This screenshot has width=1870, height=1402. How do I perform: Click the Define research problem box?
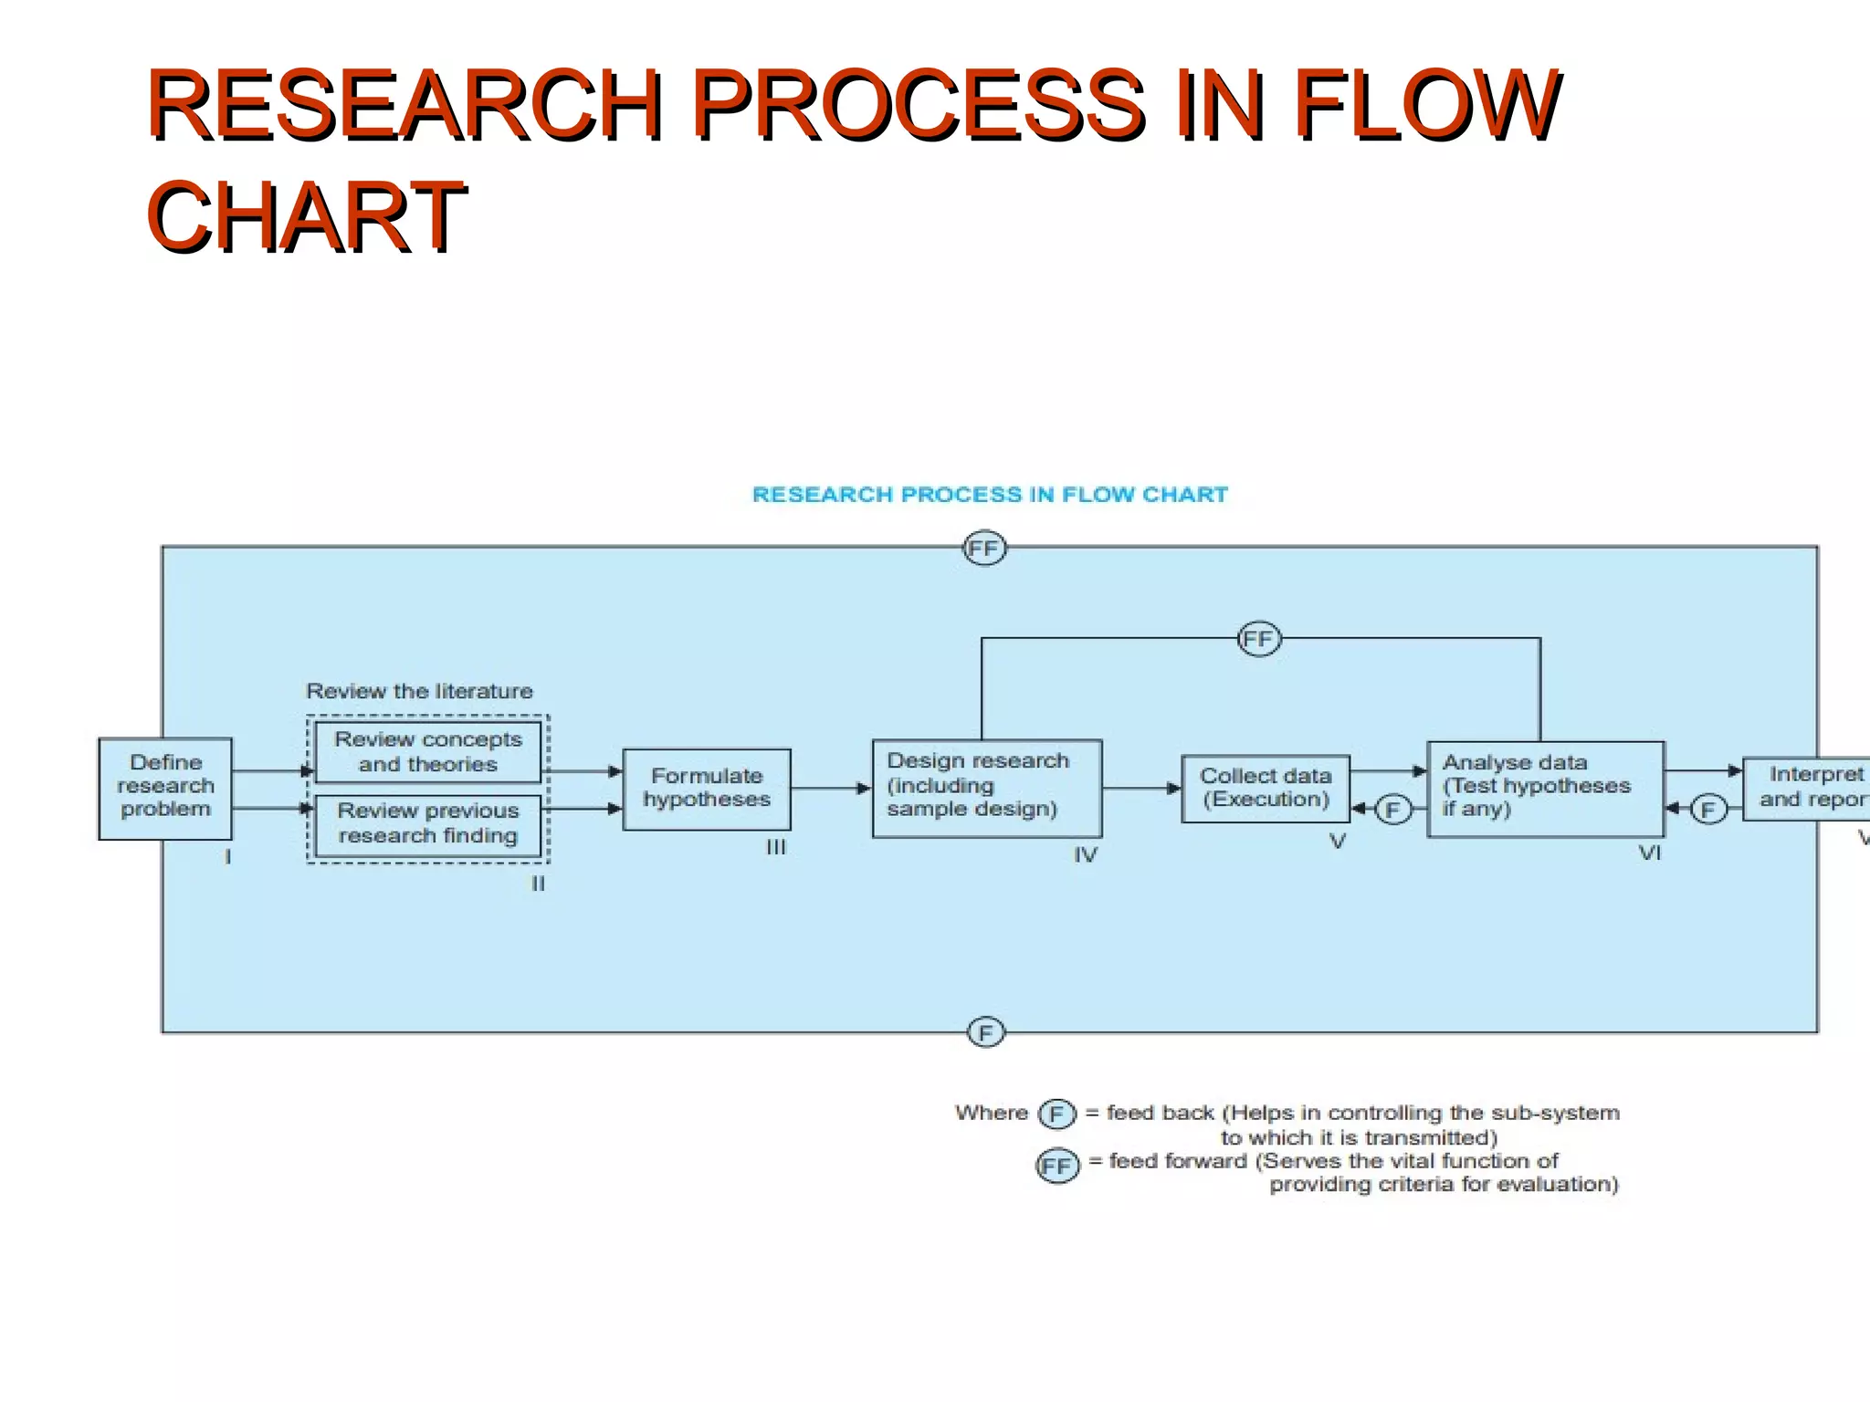pos(165,788)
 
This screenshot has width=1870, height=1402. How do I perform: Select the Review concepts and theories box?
pos(428,751)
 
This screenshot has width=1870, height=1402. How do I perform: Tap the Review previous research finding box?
pos(428,824)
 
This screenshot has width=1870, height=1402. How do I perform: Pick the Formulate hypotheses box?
pos(707,789)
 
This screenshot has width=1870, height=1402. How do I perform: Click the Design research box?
pos(987,788)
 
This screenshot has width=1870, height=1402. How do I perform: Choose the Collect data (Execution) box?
pos(1266,789)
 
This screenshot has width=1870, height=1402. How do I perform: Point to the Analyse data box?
pos(1546,789)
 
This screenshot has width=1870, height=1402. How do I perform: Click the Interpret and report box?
pos(1808,788)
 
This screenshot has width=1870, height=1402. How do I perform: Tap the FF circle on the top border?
pos(984,549)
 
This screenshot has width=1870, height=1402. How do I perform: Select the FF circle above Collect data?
pos(1259,639)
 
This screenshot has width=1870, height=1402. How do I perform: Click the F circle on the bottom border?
pos(985,1032)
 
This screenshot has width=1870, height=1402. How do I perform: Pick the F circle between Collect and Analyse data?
pos(1392,810)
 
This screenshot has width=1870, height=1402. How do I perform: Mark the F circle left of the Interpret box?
pos(1708,810)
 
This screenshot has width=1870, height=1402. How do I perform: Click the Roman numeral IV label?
pos(1085,855)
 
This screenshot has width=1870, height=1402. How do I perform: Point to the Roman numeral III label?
pos(776,848)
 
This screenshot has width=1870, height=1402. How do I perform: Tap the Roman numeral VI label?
pos(1649,853)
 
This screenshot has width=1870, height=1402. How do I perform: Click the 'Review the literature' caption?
pos(419,691)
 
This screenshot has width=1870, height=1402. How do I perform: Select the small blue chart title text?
pos(990,495)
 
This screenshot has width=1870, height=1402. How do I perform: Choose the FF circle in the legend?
pos(1057,1166)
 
